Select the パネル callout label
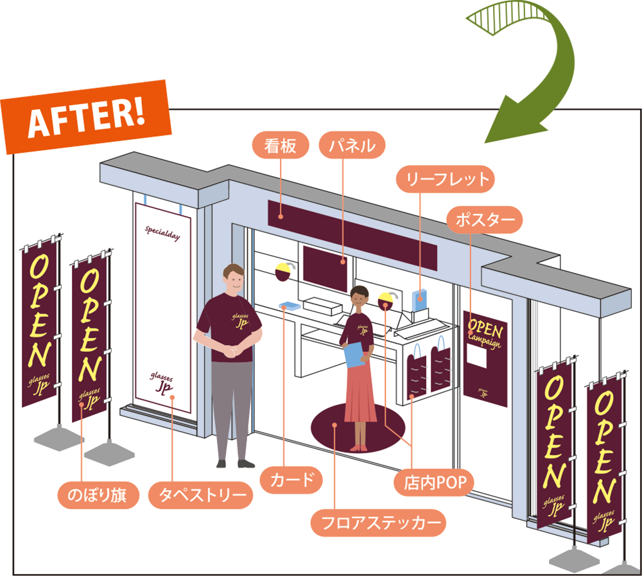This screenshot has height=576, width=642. pyautogui.click(x=352, y=146)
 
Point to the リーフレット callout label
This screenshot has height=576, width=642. pyautogui.click(x=445, y=179)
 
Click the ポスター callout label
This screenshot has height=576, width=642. pyautogui.click(x=485, y=220)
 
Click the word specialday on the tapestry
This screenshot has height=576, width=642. pyautogui.click(x=162, y=232)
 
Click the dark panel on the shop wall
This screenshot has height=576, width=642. pyautogui.click(x=324, y=267)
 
